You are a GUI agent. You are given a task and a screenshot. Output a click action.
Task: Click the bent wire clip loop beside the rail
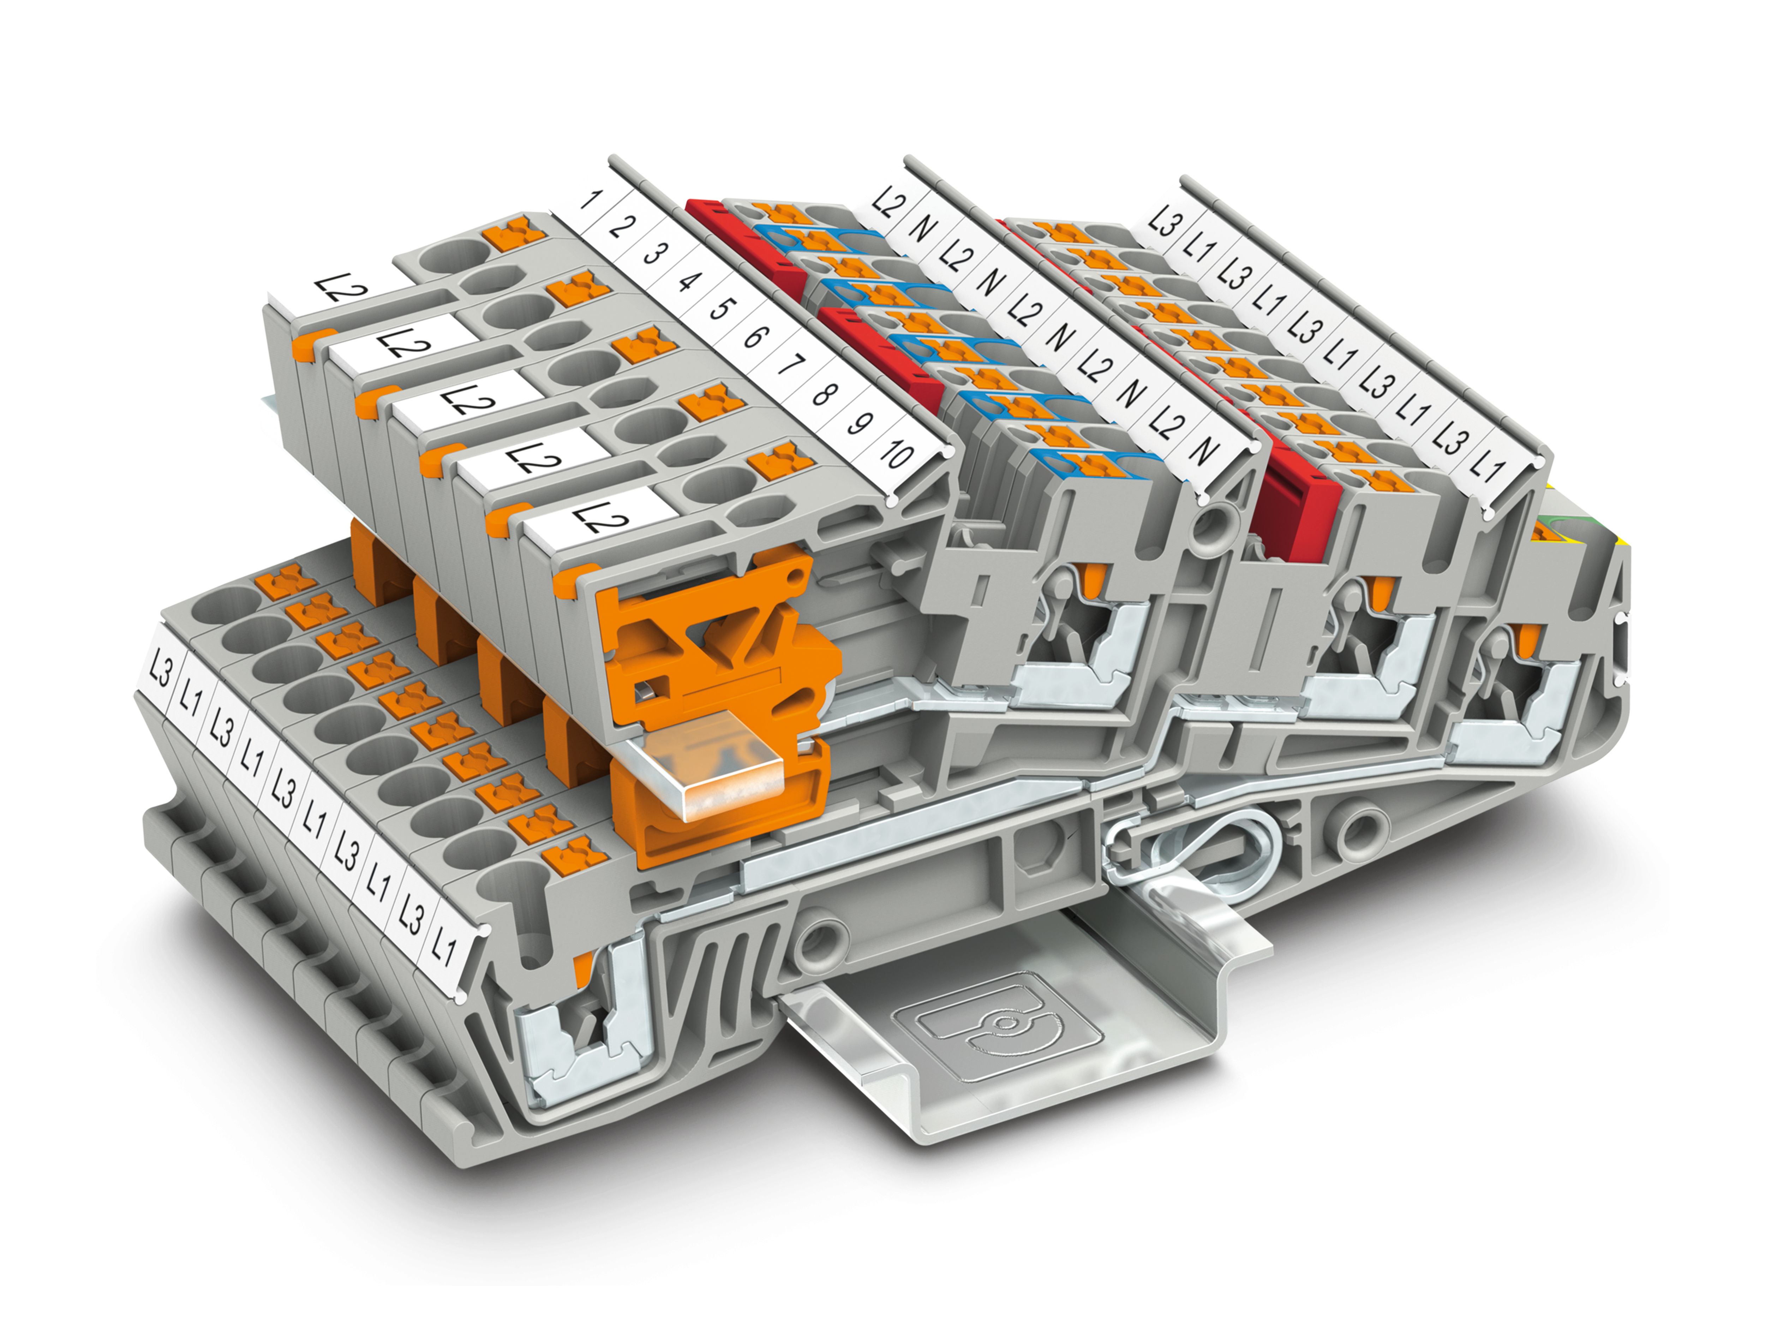1181,850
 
